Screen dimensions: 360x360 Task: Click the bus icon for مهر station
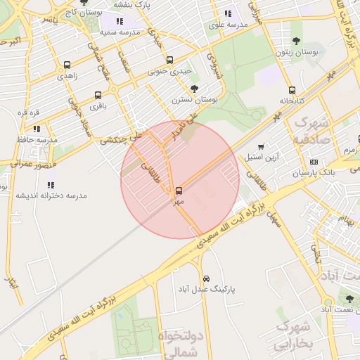[x=179, y=190]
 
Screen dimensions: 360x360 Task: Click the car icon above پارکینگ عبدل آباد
[x=205, y=278]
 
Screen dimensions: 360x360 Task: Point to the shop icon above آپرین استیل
[x=261, y=147]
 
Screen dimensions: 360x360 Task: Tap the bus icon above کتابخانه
[x=292, y=90]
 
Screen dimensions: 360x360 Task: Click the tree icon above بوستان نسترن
[x=194, y=89]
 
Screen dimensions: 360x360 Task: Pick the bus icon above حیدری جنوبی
[x=169, y=60]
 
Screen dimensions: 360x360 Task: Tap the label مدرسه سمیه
[x=117, y=32]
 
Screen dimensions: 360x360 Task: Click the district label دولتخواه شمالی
[x=181, y=345]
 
